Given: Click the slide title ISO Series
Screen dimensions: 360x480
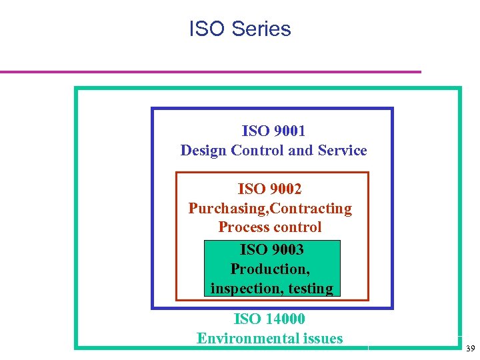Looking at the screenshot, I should pos(240,29).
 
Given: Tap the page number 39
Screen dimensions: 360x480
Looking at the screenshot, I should pos(470,349).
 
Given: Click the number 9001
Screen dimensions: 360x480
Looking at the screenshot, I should pos(289,131).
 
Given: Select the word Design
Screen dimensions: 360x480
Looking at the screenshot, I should pos(203,150).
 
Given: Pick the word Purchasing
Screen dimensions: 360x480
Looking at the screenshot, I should pos(227,209).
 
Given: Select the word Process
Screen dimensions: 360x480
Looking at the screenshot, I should pos(244,227).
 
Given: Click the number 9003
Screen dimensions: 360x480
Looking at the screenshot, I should pos(287,249).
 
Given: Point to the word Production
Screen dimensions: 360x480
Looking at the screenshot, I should pos(269,269).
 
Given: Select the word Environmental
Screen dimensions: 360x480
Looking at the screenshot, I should pos(247,339).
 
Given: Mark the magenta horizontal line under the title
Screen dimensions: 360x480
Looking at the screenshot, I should pos(210,71).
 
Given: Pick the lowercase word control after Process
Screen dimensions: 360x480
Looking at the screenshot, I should pos(297,227).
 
